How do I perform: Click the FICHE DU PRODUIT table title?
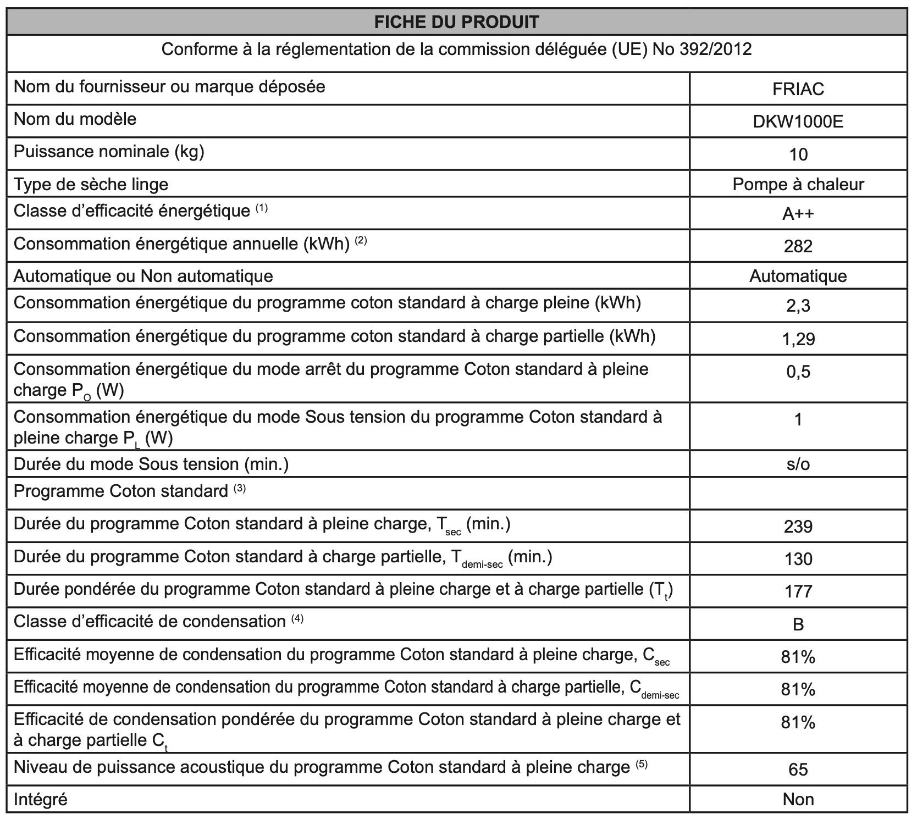coord(456,22)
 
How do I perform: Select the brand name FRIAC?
coord(798,89)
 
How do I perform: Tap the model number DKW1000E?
coord(798,121)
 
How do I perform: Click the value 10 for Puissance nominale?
coord(798,154)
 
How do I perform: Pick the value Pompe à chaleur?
coord(798,184)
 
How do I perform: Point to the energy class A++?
coord(798,213)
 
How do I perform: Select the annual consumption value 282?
coord(798,246)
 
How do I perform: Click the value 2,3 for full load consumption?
coord(798,306)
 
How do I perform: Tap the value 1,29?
coord(798,339)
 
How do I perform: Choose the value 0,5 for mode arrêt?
coord(798,372)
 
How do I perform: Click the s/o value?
coord(798,464)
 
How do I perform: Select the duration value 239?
coord(798,527)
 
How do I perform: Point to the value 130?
coord(798,559)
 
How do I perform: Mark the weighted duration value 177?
coord(798,591)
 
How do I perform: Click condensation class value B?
coord(798,624)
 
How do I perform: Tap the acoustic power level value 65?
coord(798,769)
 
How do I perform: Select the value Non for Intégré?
coord(798,799)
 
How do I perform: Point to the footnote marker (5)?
coord(642,763)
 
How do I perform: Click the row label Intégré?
coord(41,799)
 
